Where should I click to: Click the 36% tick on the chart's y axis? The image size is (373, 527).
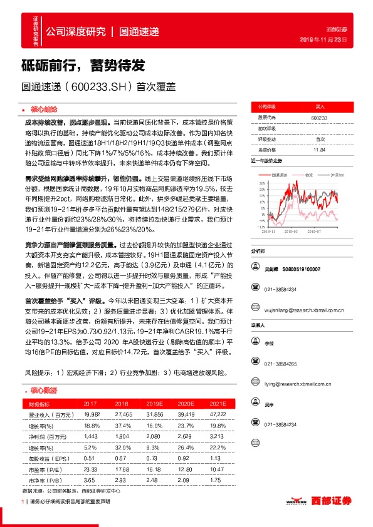258,183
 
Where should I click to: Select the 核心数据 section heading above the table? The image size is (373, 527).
43,390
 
